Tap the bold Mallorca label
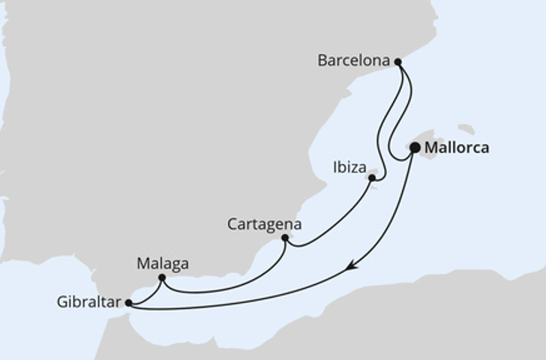tap(457, 148)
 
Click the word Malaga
tap(163, 264)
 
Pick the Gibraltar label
tap(88, 303)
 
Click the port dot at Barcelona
tap(398, 62)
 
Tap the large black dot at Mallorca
tap(415, 148)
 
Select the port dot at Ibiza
tap(372, 178)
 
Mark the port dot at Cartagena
tap(285, 238)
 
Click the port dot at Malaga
tap(162, 278)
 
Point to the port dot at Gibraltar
tap(129, 303)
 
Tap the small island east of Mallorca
tap(466, 129)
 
